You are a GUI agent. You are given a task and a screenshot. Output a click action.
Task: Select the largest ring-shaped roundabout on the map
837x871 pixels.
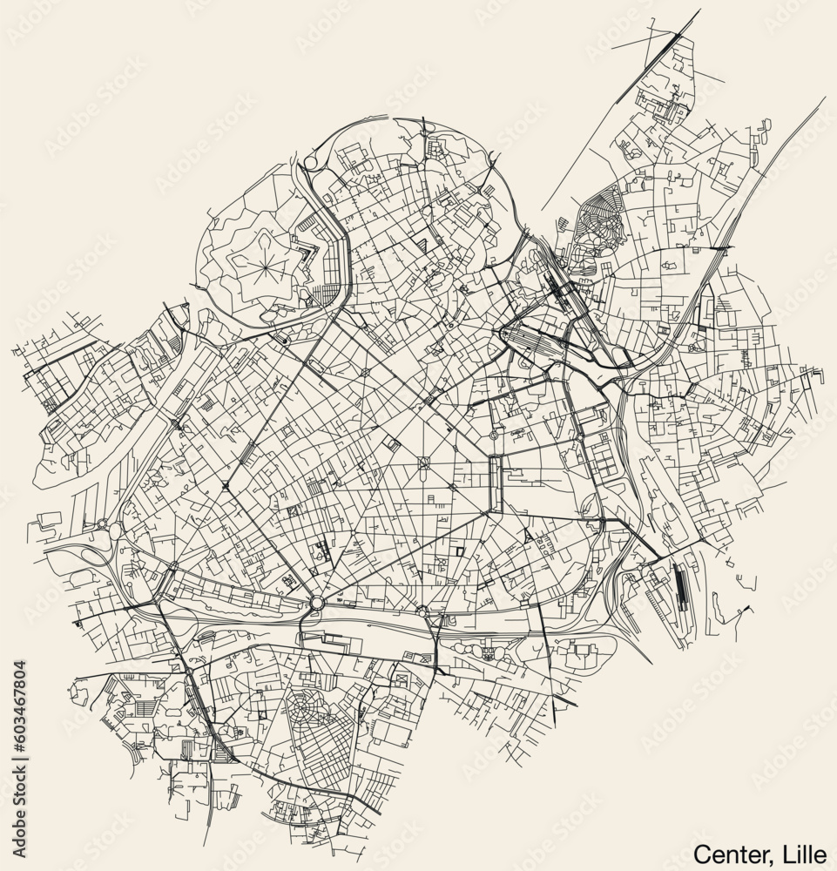[316, 603]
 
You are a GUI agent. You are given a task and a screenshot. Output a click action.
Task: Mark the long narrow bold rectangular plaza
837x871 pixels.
[497, 484]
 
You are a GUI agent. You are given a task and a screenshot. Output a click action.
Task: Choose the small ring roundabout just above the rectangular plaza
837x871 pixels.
[493, 435]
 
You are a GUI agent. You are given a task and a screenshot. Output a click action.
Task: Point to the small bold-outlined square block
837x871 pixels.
[458, 552]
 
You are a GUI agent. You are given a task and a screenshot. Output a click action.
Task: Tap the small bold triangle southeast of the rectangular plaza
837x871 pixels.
[528, 537]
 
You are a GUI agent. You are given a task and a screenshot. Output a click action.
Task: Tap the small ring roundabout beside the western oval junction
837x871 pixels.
[103, 523]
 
